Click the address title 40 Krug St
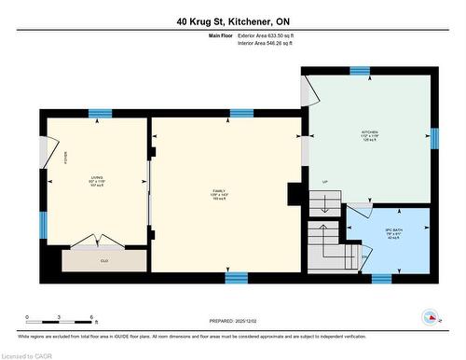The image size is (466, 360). (x=233, y=21)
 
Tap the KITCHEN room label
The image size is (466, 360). (x=370, y=134)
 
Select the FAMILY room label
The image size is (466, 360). (x=216, y=192)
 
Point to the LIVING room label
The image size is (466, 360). (x=97, y=179)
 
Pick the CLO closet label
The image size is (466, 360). (x=103, y=260)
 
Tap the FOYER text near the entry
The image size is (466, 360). (x=53, y=156)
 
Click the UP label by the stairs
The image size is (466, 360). (x=324, y=182)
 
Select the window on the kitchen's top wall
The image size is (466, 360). (x=359, y=71)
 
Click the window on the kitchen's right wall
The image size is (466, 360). (x=433, y=138)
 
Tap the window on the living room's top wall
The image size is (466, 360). (x=100, y=114)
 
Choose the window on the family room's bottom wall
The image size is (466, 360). (x=236, y=277)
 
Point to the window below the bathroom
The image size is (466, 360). (x=382, y=277)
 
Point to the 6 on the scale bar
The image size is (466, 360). (x=91, y=318)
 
